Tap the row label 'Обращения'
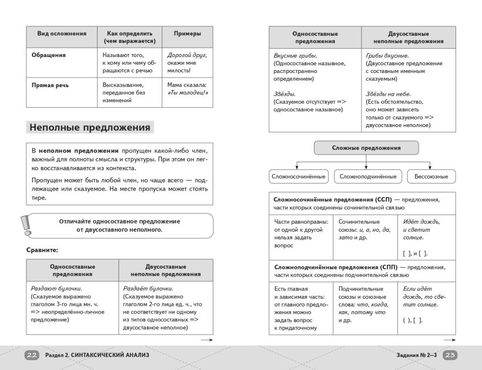pos(48,55)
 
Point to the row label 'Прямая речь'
pos(50,85)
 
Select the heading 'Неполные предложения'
pos(90,127)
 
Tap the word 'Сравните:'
pos(42,249)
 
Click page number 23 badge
pos(450,355)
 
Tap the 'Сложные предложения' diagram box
pos(366,148)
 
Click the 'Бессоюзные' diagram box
pos(431,176)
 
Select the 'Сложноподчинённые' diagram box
pos(368,176)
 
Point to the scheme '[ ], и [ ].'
pos(415,253)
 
